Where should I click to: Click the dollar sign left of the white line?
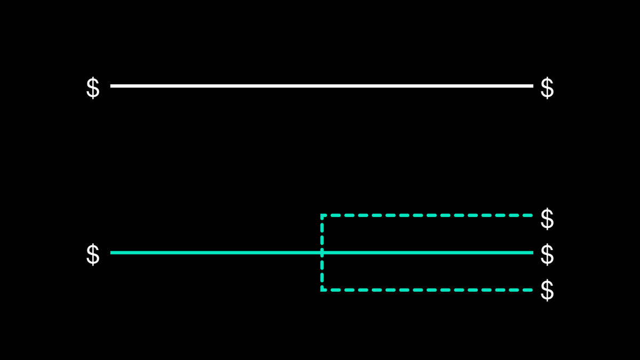(93, 88)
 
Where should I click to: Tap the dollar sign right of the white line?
(547, 88)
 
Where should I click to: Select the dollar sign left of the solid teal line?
(93, 255)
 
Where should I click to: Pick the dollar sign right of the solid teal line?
(547, 255)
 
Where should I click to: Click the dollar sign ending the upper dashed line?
(547, 219)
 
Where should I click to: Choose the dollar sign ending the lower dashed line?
(547, 291)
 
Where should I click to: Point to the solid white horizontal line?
(320, 85)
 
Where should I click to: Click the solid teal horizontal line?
(213, 252)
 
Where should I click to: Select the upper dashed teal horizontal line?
(427, 215)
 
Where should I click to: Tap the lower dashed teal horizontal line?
(427, 290)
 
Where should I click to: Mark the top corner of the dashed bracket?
(322, 215)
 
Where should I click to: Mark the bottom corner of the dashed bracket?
(322, 290)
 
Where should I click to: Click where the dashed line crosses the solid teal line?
(322, 252)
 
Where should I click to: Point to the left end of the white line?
(111, 85)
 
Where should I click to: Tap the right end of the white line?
(532, 85)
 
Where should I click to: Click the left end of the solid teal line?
(111, 252)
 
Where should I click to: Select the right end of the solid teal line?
(532, 252)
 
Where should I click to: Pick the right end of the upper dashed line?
(531, 215)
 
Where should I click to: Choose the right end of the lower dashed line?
(531, 290)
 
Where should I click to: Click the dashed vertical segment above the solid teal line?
(322, 234)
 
